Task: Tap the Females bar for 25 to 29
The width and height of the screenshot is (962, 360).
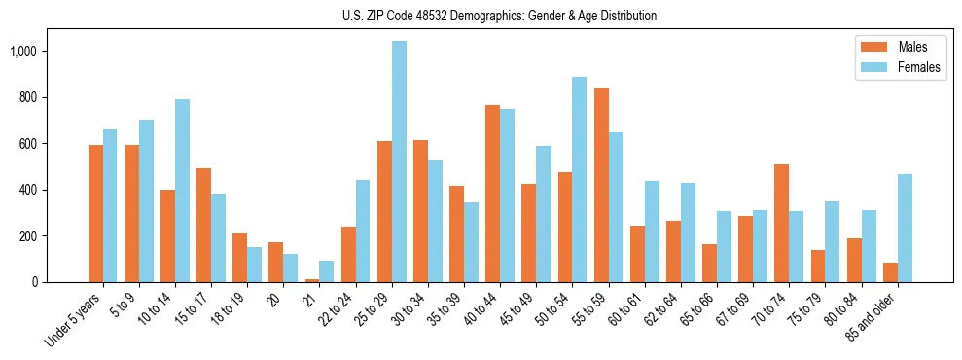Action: click(399, 162)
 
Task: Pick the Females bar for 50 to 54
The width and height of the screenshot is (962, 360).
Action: click(580, 179)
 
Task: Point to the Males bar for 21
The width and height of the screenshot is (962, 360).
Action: click(312, 280)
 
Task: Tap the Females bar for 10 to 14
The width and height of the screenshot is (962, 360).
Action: click(182, 191)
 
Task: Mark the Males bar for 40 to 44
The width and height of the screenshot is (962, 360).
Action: click(493, 194)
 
